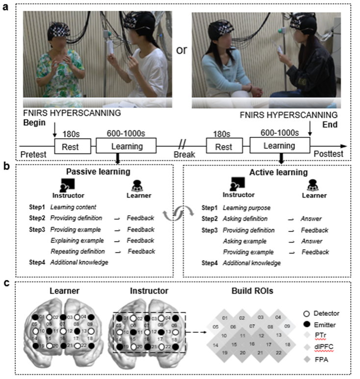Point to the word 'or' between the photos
point(181,50)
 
